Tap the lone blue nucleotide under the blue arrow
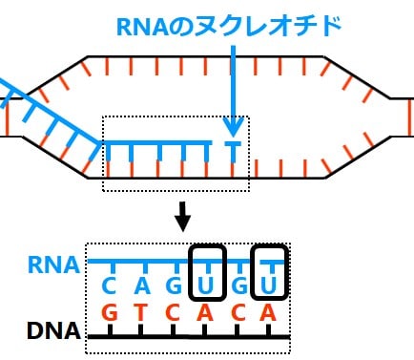click(232, 149)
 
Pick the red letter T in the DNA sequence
click(143, 312)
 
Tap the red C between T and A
click(176, 312)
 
